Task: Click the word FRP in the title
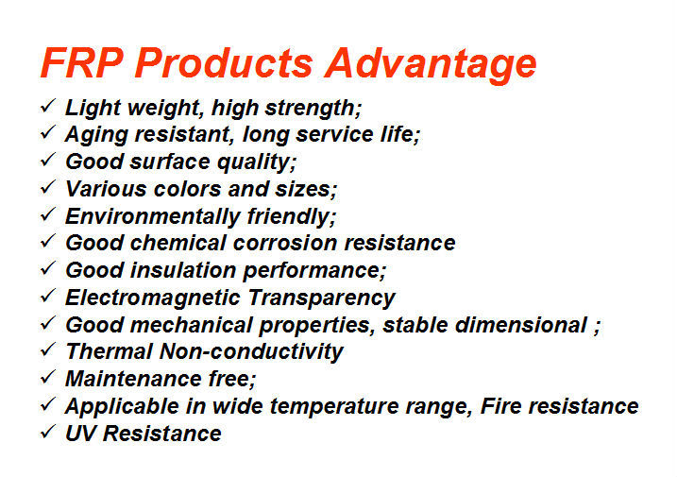click(x=82, y=62)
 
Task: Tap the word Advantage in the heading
click(x=431, y=66)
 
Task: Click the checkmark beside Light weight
click(x=47, y=106)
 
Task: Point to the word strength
click(x=313, y=108)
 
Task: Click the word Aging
click(x=96, y=135)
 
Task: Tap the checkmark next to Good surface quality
click(x=47, y=160)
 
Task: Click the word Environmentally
click(x=152, y=217)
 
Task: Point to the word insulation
click(x=183, y=270)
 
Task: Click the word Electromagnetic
click(x=152, y=298)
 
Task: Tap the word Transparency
click(x=322, y=298)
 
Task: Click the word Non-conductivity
click(x=251, y=351)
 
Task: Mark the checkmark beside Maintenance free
click(x=47, y=377)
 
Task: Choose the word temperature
click(x=334, y=407)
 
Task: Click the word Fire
click(x=500, y=406)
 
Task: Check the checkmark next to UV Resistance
click(x=47, y=432)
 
